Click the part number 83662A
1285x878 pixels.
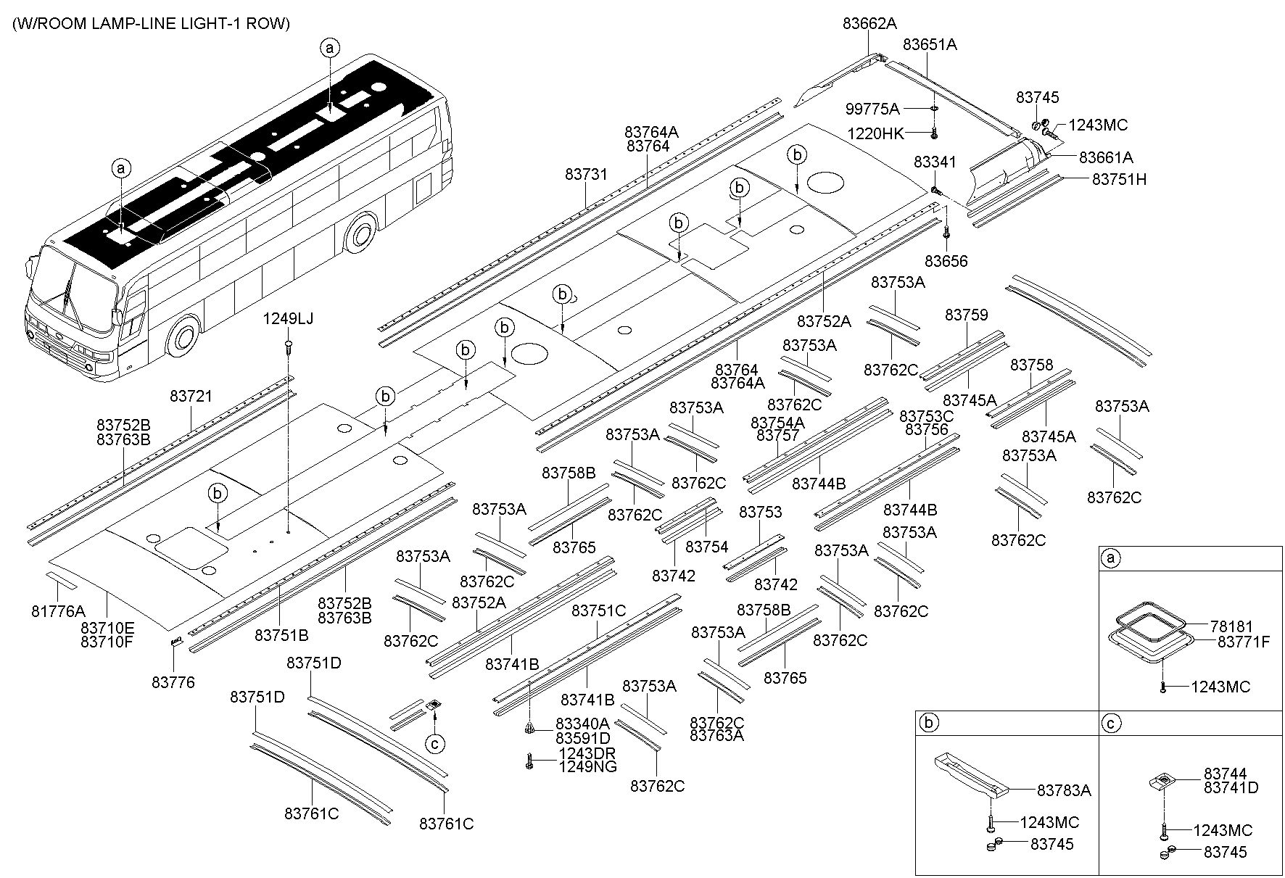coord(869,23)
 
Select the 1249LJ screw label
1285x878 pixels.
coord(288,319)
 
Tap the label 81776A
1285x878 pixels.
coord(58,611)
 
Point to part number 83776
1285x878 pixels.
coord(173,682)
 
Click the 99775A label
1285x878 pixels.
coord(872,109)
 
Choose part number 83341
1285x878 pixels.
coord(935,162)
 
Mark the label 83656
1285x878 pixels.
coord(946,261)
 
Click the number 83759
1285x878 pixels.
coord(966,315)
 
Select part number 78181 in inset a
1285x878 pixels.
coord(1231,626)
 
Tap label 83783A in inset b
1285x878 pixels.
coord(1064,790)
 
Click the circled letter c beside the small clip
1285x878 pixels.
coord(434,743)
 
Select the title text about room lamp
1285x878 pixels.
coord(151,24)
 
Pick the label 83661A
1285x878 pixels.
coord(1106,157)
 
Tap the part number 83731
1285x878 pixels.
coord(586,175)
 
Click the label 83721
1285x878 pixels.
coord(191,397)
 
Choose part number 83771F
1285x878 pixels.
coord(1244,642)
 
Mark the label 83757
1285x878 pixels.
coord(777,436)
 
